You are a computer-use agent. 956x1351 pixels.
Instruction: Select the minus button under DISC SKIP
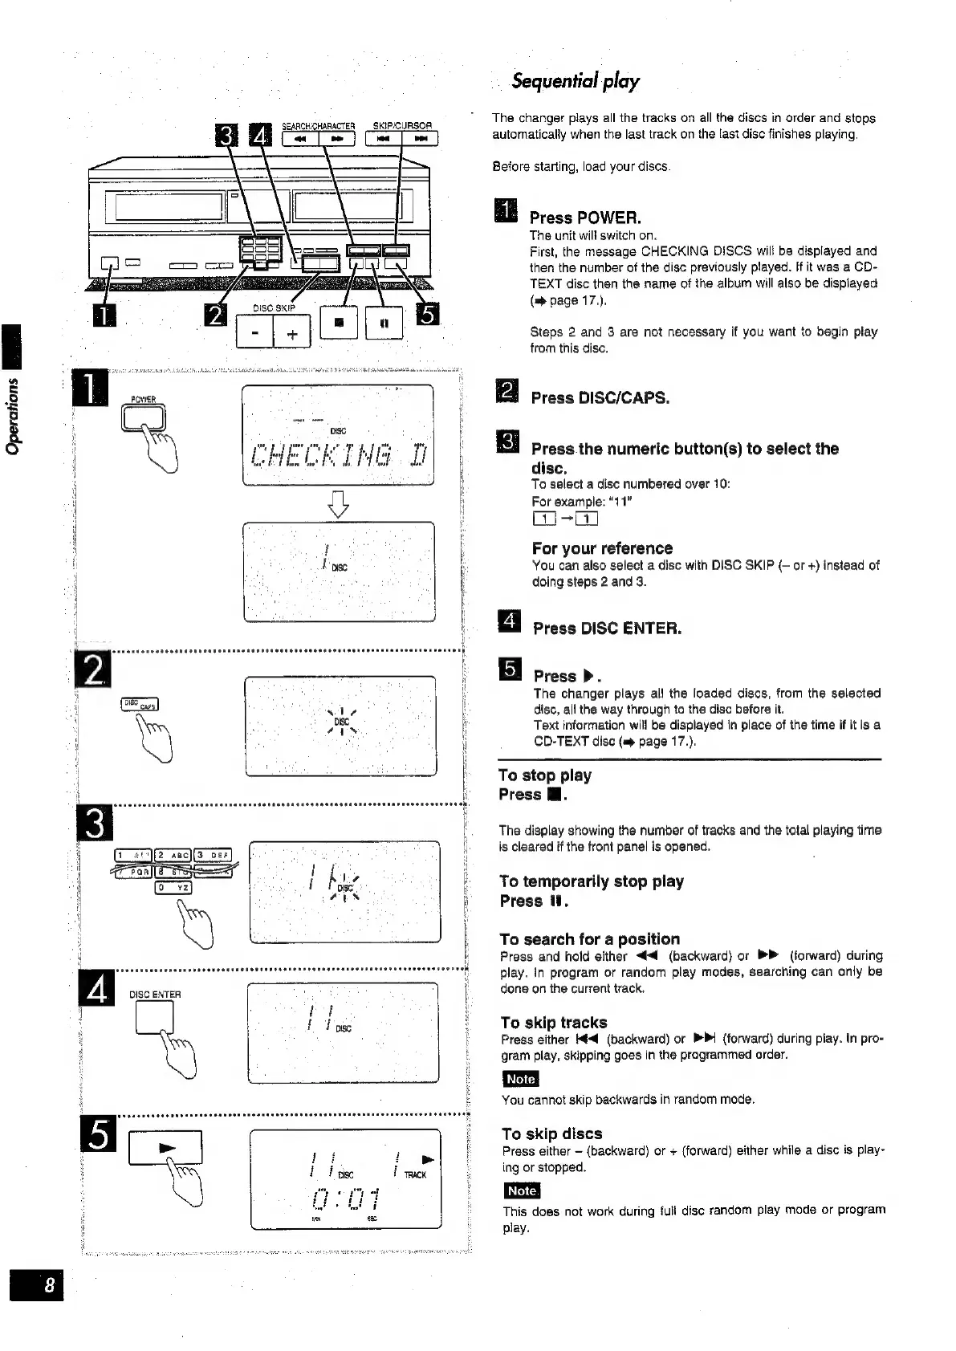254,333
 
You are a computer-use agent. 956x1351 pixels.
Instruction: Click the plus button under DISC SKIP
292,333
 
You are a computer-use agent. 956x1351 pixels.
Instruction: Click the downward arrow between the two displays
339,503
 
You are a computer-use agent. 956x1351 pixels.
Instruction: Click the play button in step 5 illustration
165,1148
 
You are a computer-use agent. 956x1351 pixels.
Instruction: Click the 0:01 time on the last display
343,1201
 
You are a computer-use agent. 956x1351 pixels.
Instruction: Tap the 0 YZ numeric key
173,887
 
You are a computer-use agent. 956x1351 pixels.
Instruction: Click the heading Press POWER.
585,218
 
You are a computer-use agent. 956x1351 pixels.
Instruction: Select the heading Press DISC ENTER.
607,628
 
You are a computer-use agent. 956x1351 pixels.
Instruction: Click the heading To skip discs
551,1133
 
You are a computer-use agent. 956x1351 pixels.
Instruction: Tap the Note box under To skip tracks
520,1079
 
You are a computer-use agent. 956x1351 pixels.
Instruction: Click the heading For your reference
602,548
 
